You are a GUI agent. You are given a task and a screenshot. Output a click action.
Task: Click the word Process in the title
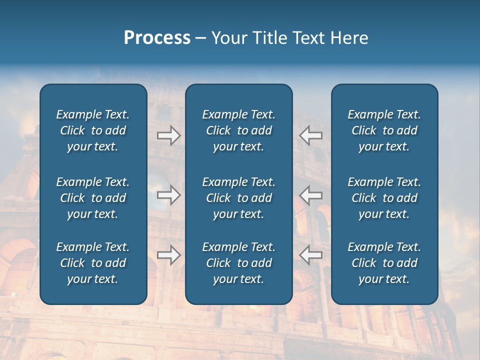pos(157,38)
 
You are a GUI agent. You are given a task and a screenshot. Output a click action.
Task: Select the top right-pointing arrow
pos(169,135)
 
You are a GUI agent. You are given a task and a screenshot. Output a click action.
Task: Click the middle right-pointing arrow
pos(169,195)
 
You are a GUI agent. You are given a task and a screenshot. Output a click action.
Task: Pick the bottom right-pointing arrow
pos(169,255)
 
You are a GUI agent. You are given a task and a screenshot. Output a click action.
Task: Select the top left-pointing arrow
pos(311,135)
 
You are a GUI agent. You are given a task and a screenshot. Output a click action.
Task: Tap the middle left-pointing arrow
pos(311,195)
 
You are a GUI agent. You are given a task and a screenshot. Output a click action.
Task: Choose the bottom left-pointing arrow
pos(311,255)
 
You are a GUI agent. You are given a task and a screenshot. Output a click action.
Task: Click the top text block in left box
pos(93,130)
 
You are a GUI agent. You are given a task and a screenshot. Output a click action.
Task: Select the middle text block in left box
pos(93,198)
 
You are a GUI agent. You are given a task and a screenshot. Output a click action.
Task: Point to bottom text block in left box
pos(93,263)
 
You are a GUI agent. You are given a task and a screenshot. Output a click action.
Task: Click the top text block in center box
pos(239,130)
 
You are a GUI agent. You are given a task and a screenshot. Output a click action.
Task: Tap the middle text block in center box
pos(239,198)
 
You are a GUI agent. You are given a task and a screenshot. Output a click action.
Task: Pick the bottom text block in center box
pos(239,263)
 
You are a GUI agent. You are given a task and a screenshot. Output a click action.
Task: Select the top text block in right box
pos(384,130)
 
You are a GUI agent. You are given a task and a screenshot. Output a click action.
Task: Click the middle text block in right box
pos(384,198)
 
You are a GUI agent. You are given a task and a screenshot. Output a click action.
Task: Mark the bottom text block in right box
pos(384,263)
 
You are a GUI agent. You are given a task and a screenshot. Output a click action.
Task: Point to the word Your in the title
pos(230,38)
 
